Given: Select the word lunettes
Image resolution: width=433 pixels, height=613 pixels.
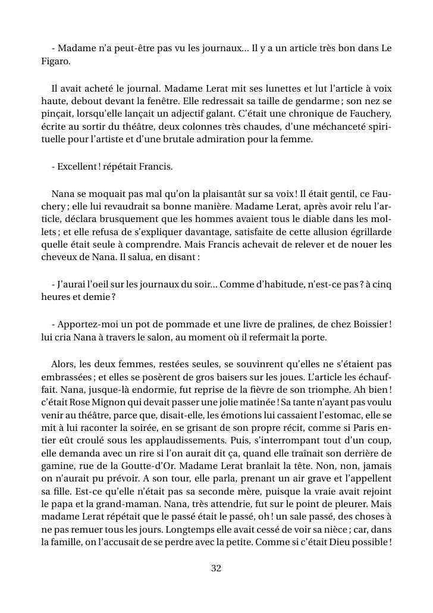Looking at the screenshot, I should [x=247, y=89].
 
